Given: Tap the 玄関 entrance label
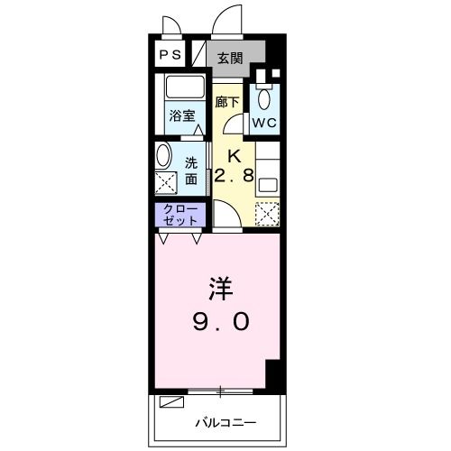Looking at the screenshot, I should pyautogui.click(x=230, y=59).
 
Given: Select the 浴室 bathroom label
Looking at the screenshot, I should pyautogui.click(x=183, y=115).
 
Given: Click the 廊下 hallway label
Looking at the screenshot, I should pyautogui.click(x=227, y=103).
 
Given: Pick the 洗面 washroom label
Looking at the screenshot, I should pyautogui.click(x=192, y=171).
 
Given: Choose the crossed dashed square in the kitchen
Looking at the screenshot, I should pyautogui.click(x=268, y=215).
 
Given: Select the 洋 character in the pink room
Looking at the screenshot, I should pyautogui.click(x=222, y=290).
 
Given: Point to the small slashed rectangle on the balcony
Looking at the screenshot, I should pyautogui.click(x=170, y=403).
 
